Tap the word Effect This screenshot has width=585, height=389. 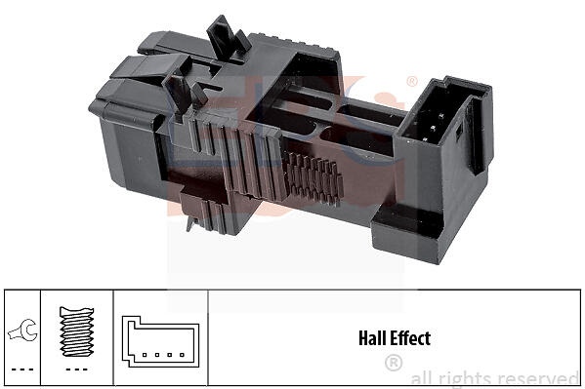(409, 338)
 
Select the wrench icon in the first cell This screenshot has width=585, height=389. (22, 331)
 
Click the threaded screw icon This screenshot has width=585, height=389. (76, 331)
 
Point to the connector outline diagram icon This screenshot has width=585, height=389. (160, 341)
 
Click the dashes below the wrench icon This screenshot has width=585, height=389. (22, 370)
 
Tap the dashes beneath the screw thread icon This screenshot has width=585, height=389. (76, 370)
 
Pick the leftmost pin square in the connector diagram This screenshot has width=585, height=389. (145, 355)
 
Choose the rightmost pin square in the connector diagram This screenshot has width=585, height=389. (182, 355)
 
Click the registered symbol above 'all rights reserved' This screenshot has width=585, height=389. (394, 363)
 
